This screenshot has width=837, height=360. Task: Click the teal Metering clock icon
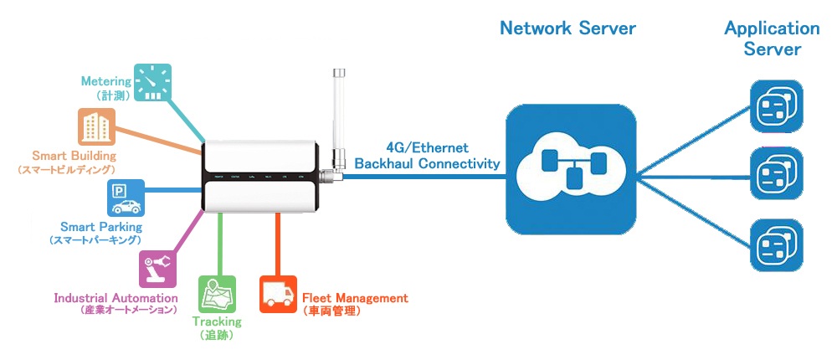(151, 84)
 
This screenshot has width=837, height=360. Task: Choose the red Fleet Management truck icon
(278, 294)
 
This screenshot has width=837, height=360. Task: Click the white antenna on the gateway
(340, 117)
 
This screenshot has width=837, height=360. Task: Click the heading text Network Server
(567, 28)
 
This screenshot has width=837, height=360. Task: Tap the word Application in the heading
(772, 28)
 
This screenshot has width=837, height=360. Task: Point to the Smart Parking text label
(101, 227)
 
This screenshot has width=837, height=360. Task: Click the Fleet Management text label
(354, 298)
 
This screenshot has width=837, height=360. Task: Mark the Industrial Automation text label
(116, 298)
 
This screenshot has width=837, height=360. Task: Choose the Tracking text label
(217, 321)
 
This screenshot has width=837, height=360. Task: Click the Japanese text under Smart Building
(66, 170)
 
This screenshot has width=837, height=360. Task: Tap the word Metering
(106, 81)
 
